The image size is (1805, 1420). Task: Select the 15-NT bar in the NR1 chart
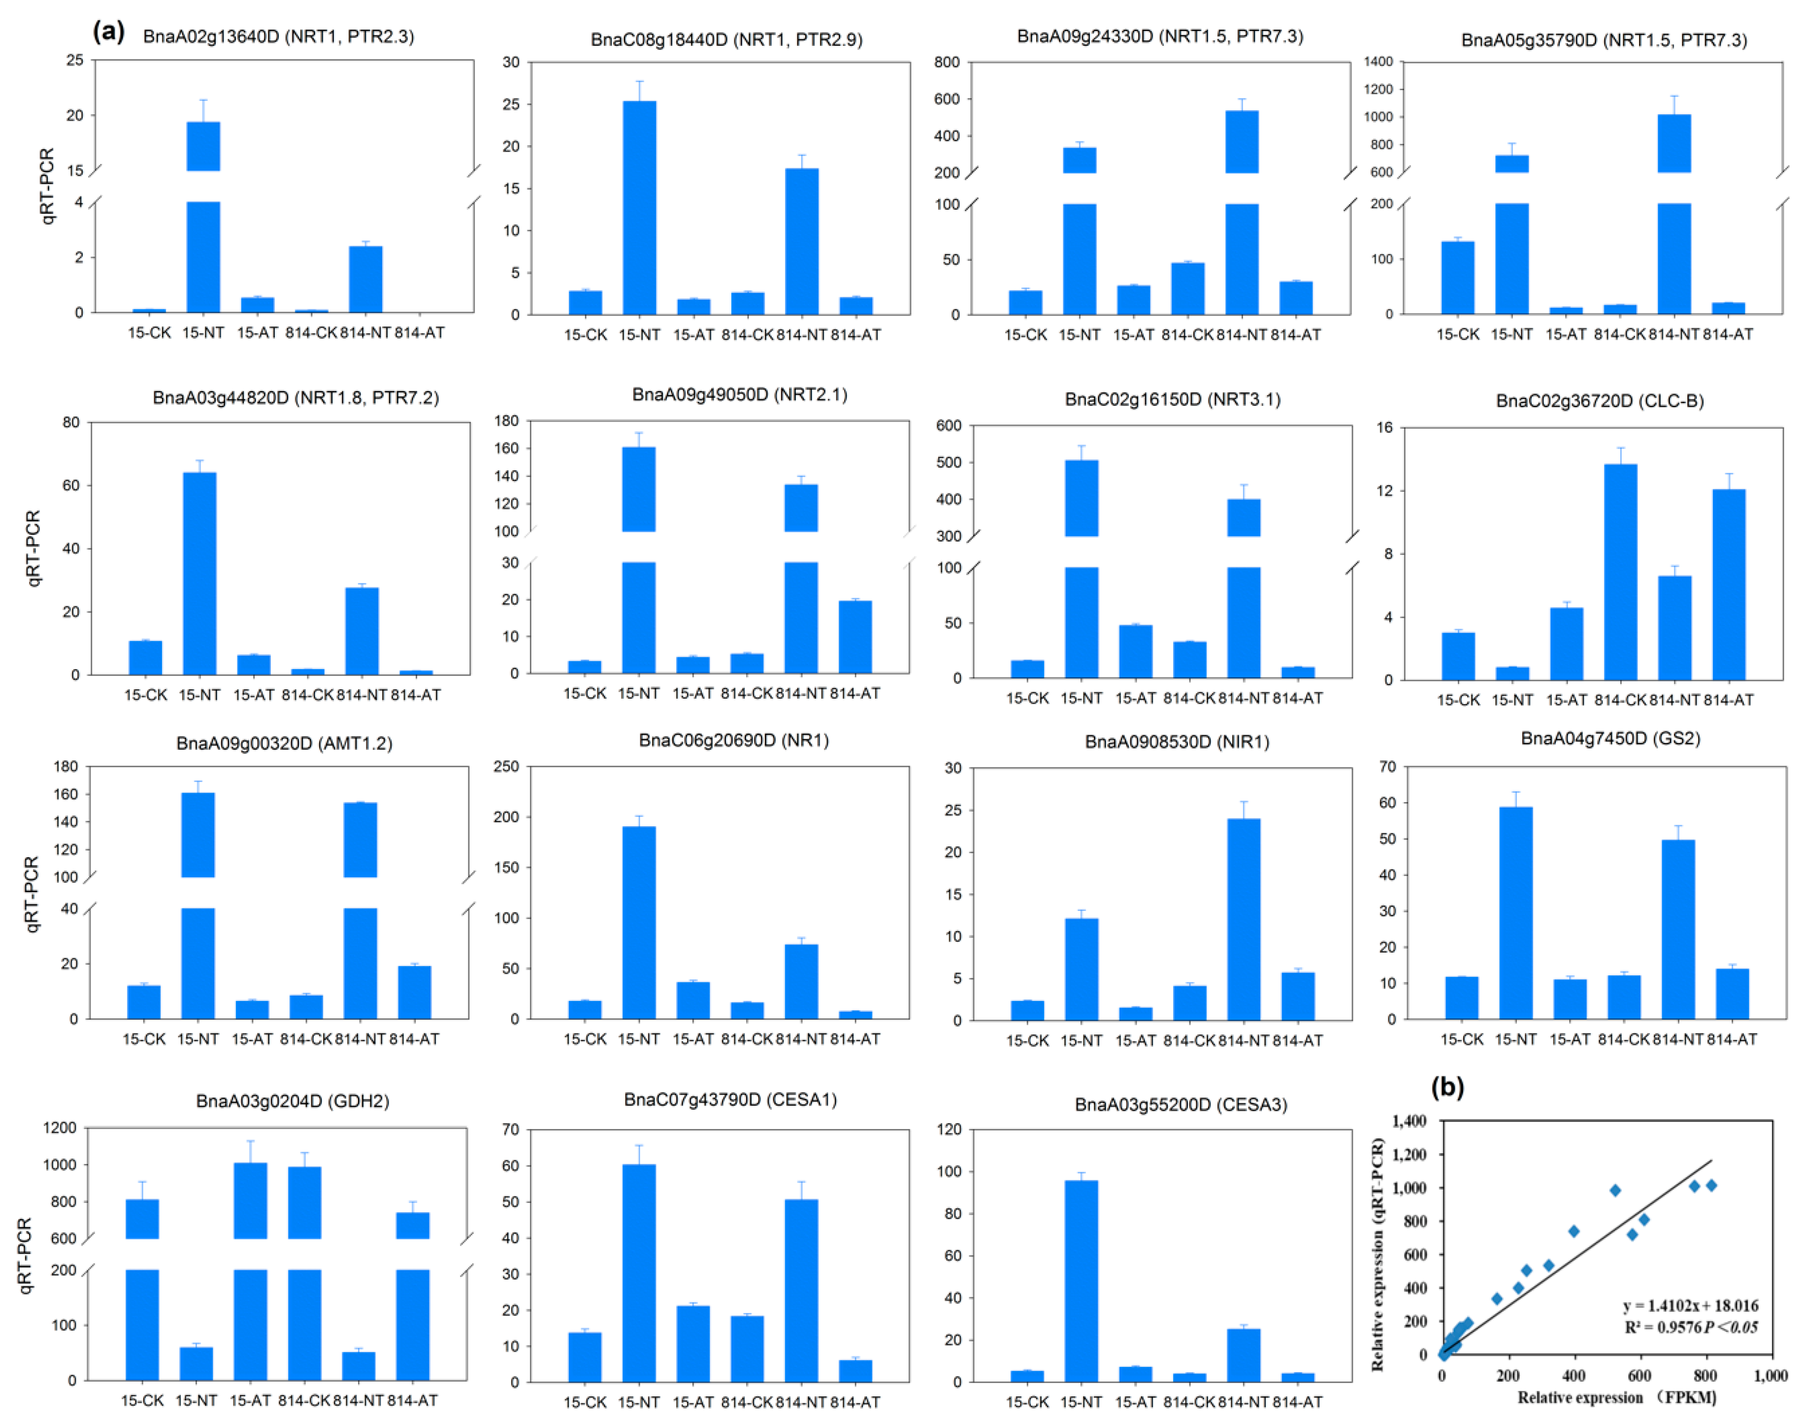639,921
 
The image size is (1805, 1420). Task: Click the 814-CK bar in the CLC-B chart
1620,572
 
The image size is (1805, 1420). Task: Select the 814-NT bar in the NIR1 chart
1243,919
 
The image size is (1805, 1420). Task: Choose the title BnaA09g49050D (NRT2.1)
739,394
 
